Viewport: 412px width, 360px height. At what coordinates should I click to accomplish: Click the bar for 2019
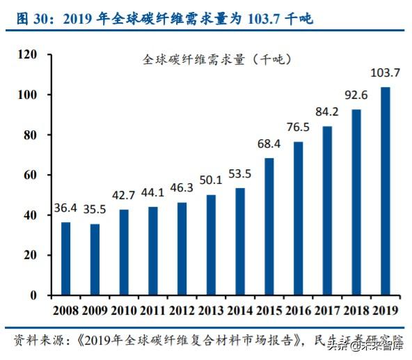point(386,191)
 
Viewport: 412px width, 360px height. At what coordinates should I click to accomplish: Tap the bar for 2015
point(269,226)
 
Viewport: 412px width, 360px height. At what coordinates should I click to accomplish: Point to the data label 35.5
point(95,211)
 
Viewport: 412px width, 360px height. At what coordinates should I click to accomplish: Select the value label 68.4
point(269,144)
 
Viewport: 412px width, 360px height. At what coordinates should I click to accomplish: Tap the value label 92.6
point(356,95)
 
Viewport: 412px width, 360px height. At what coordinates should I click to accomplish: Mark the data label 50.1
point(211,180)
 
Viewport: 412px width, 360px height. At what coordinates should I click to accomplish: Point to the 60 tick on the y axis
point(30,175)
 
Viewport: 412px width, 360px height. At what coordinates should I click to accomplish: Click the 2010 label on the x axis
point(124,311)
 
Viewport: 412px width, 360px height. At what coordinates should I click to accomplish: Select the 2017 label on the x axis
point(327,311)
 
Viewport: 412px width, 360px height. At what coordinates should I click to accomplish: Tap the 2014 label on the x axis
point(240,311)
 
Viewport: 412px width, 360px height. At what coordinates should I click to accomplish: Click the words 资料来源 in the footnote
point(34,341)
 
